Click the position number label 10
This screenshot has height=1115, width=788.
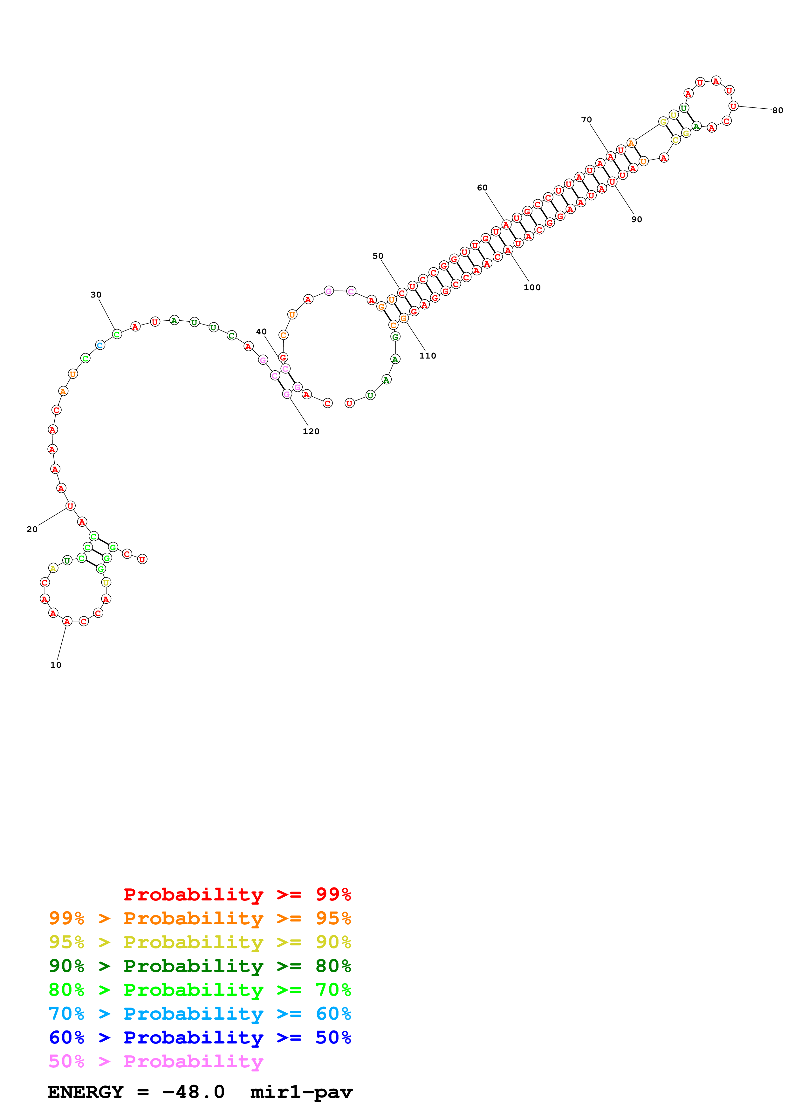point(56,665)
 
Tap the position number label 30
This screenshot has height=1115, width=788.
point(96,295)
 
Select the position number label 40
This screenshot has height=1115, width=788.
point(261,332)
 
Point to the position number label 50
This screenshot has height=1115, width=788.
point(378,256)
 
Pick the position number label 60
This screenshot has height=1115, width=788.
point(482,188)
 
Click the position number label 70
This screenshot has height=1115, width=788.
point(586,120)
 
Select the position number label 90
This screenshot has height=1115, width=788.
point(636,220)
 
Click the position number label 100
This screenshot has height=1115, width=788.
point(532,288)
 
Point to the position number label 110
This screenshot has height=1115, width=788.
point(428,356)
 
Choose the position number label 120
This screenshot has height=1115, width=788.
point(311,431)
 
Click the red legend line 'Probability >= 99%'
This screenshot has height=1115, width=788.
point(237,894)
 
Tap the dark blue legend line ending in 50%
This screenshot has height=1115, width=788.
point(200,1037)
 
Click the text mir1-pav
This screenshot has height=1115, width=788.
point(301,1092)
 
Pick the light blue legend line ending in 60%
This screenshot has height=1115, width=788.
point(200,1014)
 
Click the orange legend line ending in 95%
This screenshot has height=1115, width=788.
point(200,918)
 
